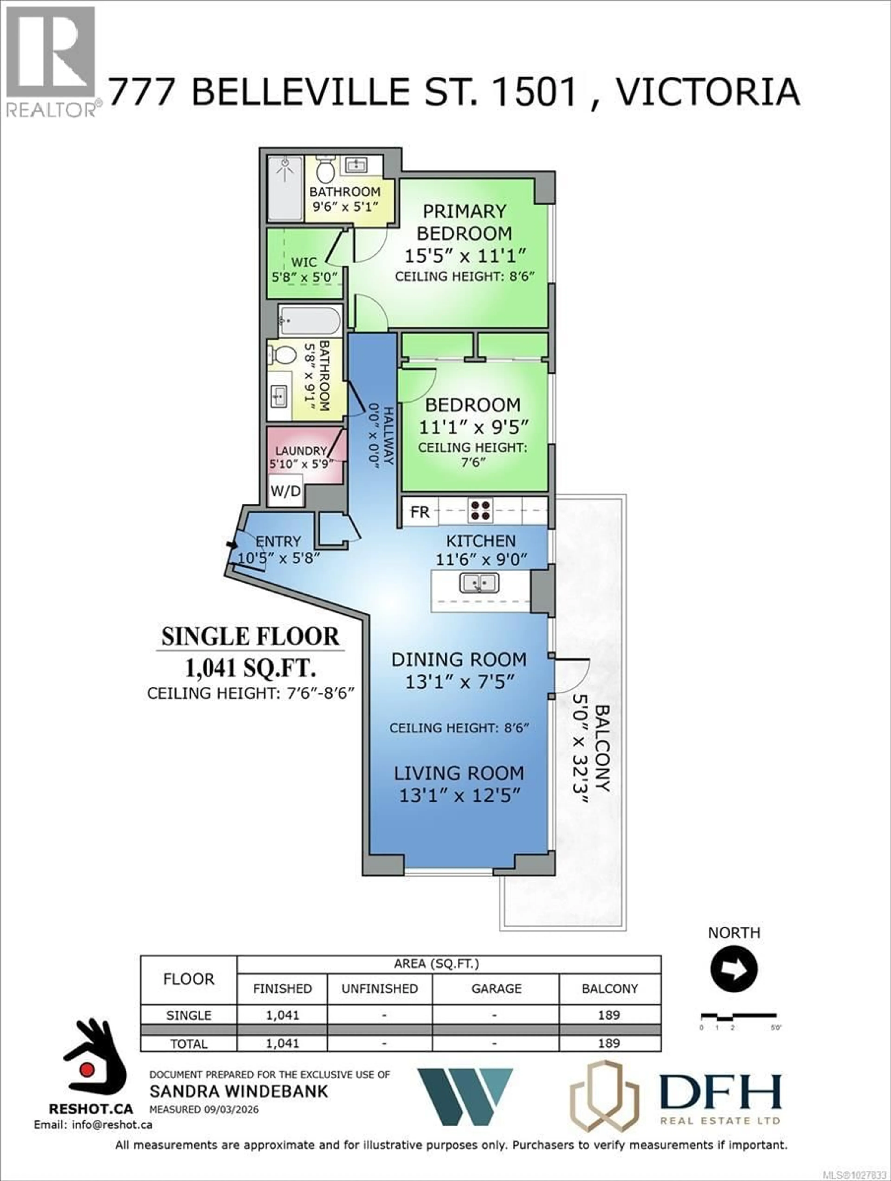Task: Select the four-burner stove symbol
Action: tap(480, 510)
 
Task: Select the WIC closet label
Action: tap(304, 262)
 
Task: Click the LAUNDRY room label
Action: tap(301, 451)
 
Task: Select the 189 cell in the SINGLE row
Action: tap(609, 1015)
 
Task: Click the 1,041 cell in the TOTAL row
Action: tap(282, 1043)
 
